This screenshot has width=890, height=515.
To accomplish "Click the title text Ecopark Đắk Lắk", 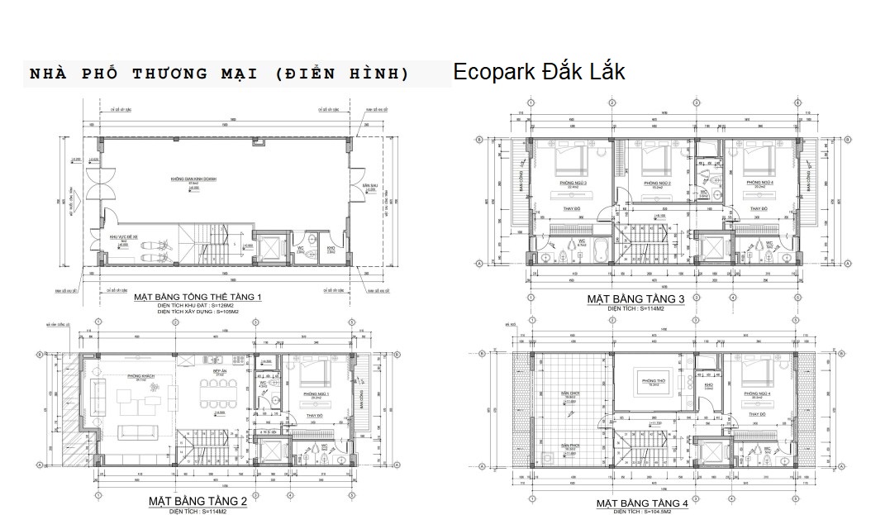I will pyautogui.click(x=538, y=72).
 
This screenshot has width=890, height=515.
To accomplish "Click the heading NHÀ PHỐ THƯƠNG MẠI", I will pyautogui.click(x=219, y=74).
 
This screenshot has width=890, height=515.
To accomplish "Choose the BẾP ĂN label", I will pyautogui.click(x=221, y=373).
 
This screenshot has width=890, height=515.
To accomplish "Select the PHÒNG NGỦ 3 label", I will pyautogui.click(x=568, y=182).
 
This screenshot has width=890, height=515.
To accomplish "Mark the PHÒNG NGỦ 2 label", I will pyautogui.click(x=657, y=182).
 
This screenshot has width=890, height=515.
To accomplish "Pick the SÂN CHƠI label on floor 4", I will pyautogui.click(x=569, y=393).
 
